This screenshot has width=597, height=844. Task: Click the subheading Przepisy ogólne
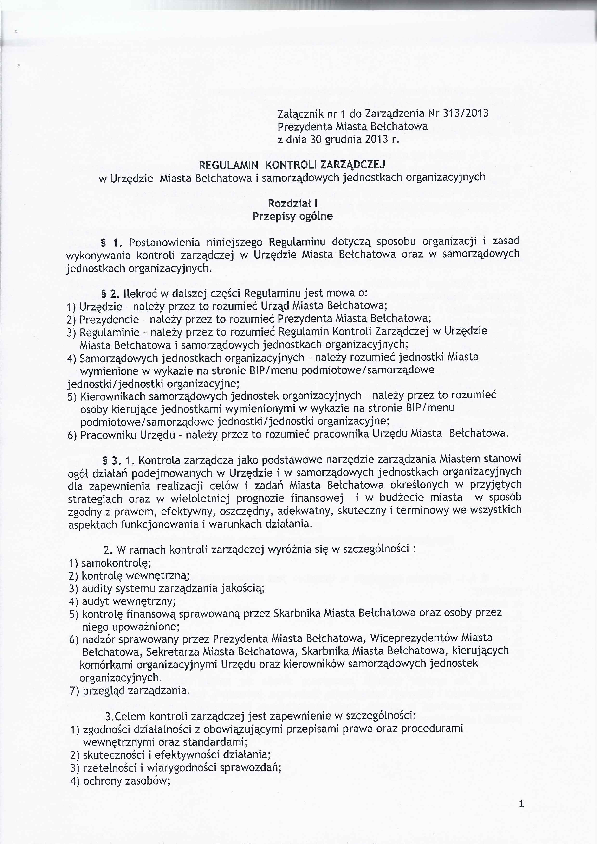click(x=292, y=217)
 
